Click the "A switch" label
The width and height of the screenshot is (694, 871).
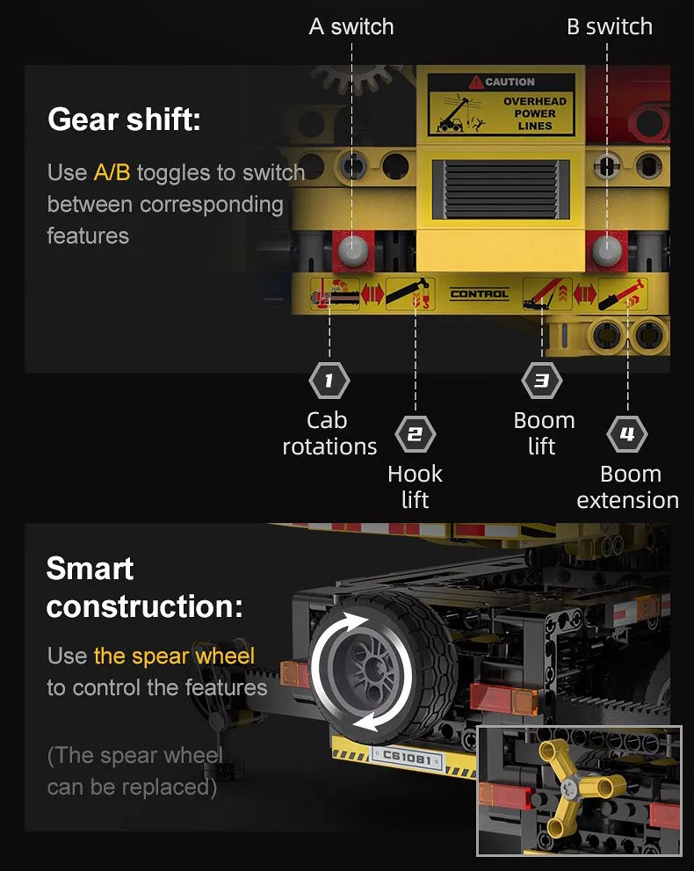click(x=351, y=26)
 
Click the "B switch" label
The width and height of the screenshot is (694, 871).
click(x=610, y=26)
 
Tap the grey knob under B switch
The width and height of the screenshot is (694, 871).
click(x=607, y=250)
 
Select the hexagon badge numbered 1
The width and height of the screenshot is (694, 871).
click(x=329, y=381)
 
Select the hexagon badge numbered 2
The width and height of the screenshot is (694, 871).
click(x=416, y=434)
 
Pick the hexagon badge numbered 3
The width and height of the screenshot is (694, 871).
click(x=542, y=381)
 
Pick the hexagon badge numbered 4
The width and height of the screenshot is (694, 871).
click(x=627, y=434)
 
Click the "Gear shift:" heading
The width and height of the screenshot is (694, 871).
click(x=124, y=120)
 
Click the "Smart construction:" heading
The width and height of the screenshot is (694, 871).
click(x=144, y=587)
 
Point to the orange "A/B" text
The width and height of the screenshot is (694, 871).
click(x=112, y=172)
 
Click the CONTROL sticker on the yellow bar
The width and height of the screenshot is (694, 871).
click(x=479, y=294)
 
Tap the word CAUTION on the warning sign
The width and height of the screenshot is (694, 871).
click(x=510, y=82)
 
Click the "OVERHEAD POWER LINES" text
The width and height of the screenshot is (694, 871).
click(x=535, y=113)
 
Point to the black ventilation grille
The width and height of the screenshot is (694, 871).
click(x=501, y=189)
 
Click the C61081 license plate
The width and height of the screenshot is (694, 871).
click(x=407, y=757)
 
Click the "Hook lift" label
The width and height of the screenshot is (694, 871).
click(x=415, y=487)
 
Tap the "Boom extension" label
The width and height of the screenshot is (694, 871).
click(x=628, y=487)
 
